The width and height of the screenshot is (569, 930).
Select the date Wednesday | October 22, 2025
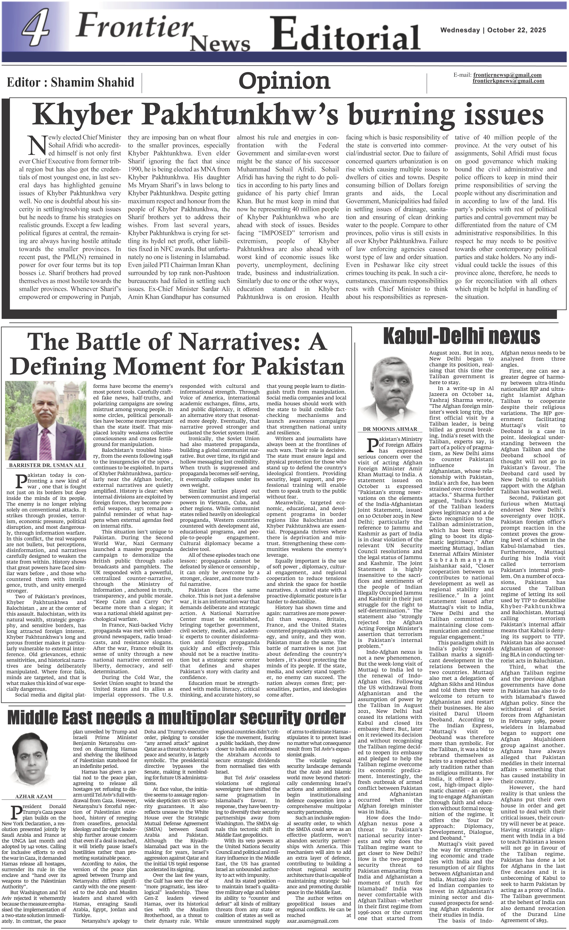(493, 30)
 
